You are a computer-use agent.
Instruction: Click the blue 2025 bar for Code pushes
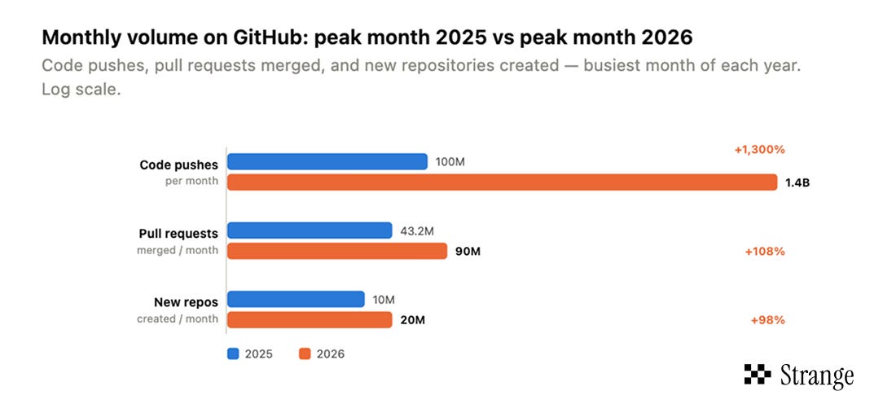pyautogui.click(x=327, y=162)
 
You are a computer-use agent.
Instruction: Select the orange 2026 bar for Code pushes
pyautogui.click(x=503, y=182)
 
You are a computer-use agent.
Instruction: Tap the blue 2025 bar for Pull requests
pyautogui.click(x=310, y=231)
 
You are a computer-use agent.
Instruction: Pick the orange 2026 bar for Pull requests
pyautogui.click(x=336, y=251)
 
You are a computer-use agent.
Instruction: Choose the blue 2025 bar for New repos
pyautogui.click(x=296, y=299)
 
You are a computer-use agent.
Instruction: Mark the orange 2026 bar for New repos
pyautogui.click(x=310, y=319)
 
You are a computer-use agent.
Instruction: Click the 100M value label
pyautogui.click(x=450, y=162)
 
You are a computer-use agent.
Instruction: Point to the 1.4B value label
pyautogui.click(x=797, y=182)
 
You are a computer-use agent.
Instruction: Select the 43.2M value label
pyautogui.click(x=417, y=231)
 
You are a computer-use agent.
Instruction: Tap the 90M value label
pyautogui.click(x=468, y=251)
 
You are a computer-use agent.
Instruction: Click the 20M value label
pyautogui.click(x=412, y=320)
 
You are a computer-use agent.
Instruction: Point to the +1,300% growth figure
pyautogui.click(x=759, y=150)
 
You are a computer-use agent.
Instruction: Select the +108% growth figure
pyautogui.click(x=765, y=251)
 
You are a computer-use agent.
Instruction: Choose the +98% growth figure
pyautogui.click(x=767, y=320)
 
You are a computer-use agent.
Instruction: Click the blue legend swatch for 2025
pyautogui.click(x=233, y=354)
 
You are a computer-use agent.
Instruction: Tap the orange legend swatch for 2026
pyautogui.click(x=305, y=354)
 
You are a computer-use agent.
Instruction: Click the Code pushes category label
pyautogui.click(x=178, y=165)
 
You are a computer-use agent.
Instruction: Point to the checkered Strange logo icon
pyautogui.click(x=758, y=375)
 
